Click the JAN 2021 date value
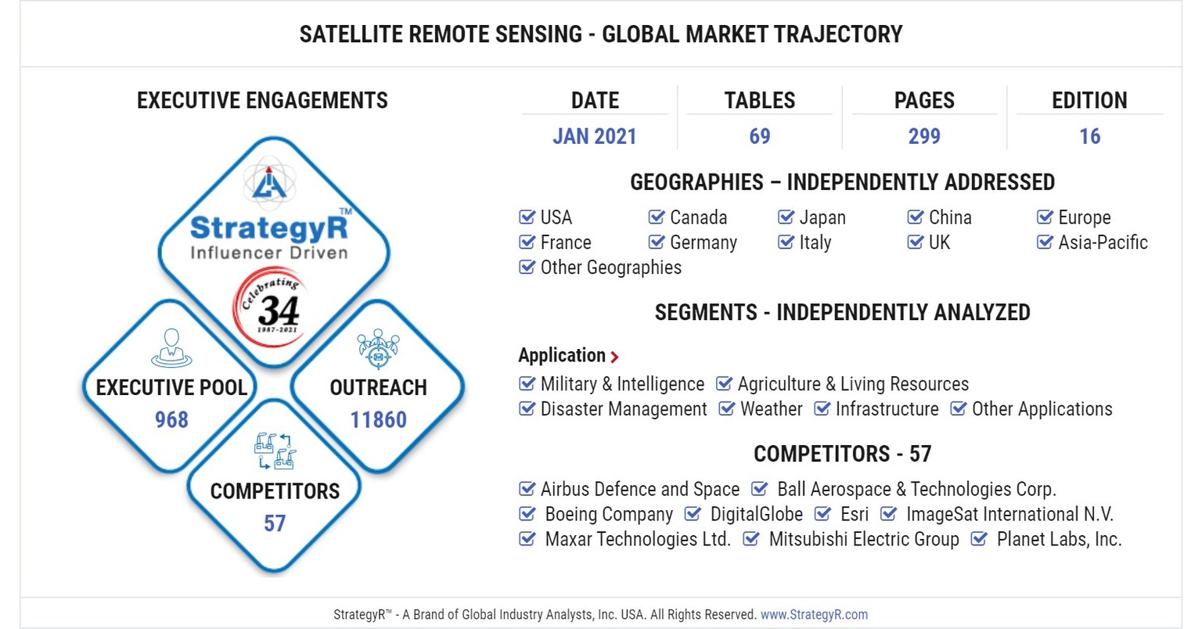(x=594, y=136)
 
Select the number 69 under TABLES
(x=759, y=136)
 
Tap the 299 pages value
(x=923, y=136)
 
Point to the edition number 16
(x=1089, y=136)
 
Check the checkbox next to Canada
(x=657, y=217)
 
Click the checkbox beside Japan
(x=786, y=217)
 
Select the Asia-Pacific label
(x=1103, y=243)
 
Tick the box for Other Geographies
(x=527, y=268)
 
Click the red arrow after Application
(x=614, y=357)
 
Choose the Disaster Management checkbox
(x=527, y=409)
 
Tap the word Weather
(x=771, y=409)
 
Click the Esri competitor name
(x=854, y=514)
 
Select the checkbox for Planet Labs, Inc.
(x=979, y=539)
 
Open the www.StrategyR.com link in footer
(x=814, y=614)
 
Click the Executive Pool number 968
(x=171, y=419)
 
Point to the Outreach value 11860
(x=378, y=419)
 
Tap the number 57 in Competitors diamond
(x=275, y=523)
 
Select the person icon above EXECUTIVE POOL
(x=171, y=348)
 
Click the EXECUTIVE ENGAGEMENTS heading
(x=262, y=100)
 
